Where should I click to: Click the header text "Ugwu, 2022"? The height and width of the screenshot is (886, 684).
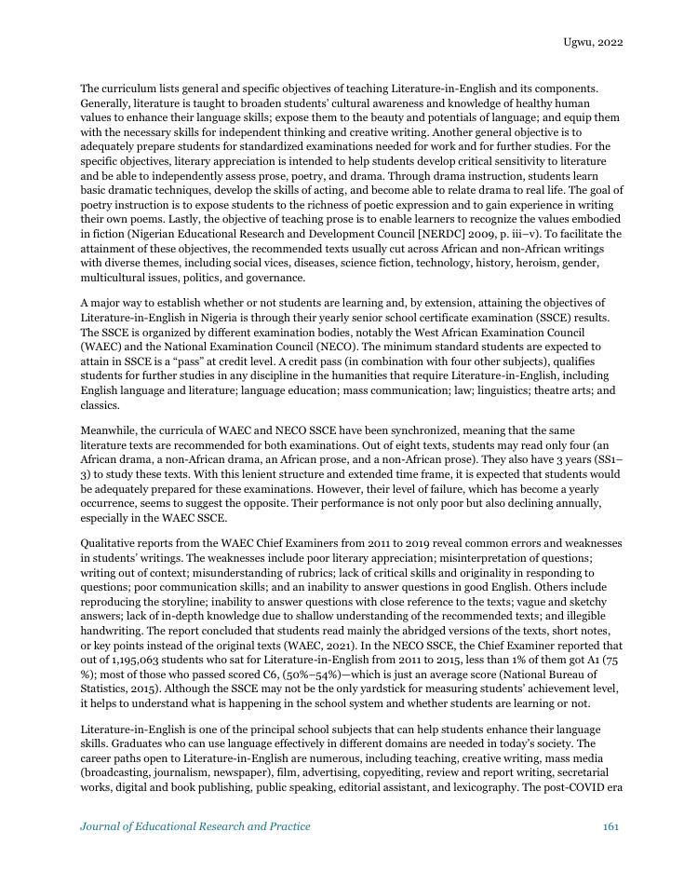coord(593,43)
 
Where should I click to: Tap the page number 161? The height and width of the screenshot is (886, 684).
coord(611,826)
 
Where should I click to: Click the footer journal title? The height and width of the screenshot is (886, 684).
coord(195,826)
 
